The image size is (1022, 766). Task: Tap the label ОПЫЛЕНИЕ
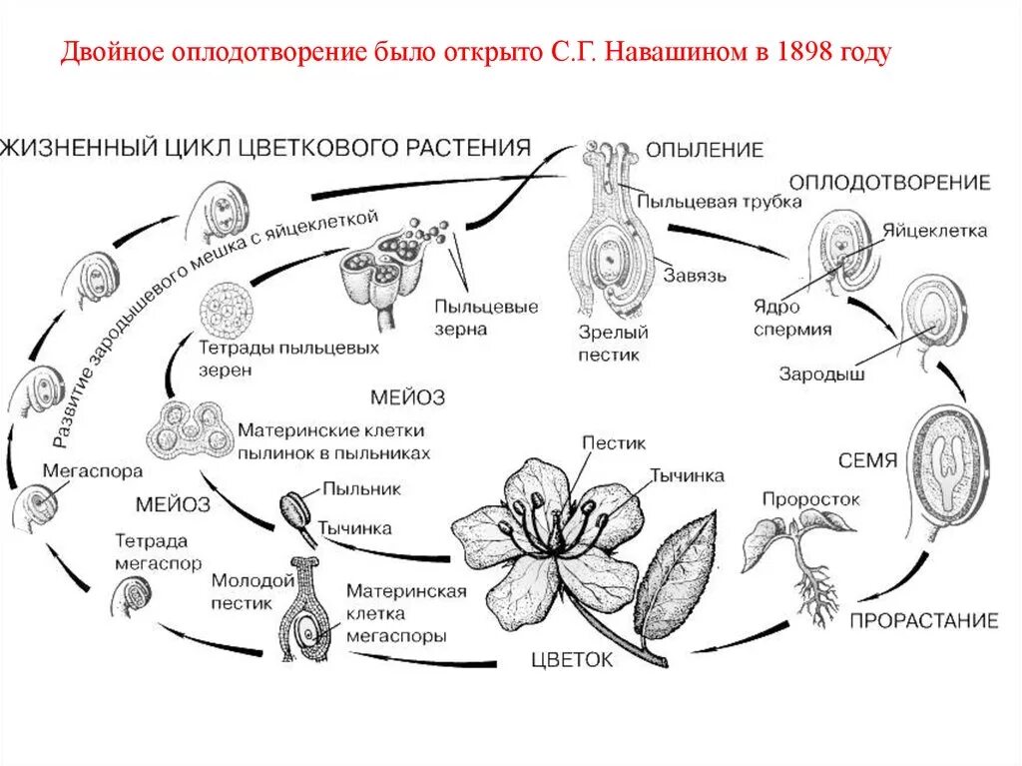point(704,150)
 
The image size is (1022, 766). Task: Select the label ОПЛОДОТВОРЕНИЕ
point(889,182)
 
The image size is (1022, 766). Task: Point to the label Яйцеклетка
point(934,231)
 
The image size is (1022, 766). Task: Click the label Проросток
point(809,497)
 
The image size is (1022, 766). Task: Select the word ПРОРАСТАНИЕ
point(923,620)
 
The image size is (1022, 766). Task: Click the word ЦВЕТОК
point(573,659)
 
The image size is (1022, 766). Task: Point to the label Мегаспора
point(93,469)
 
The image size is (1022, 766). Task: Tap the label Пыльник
point(360,489)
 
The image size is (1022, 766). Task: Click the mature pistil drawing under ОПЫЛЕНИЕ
point(608,240)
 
